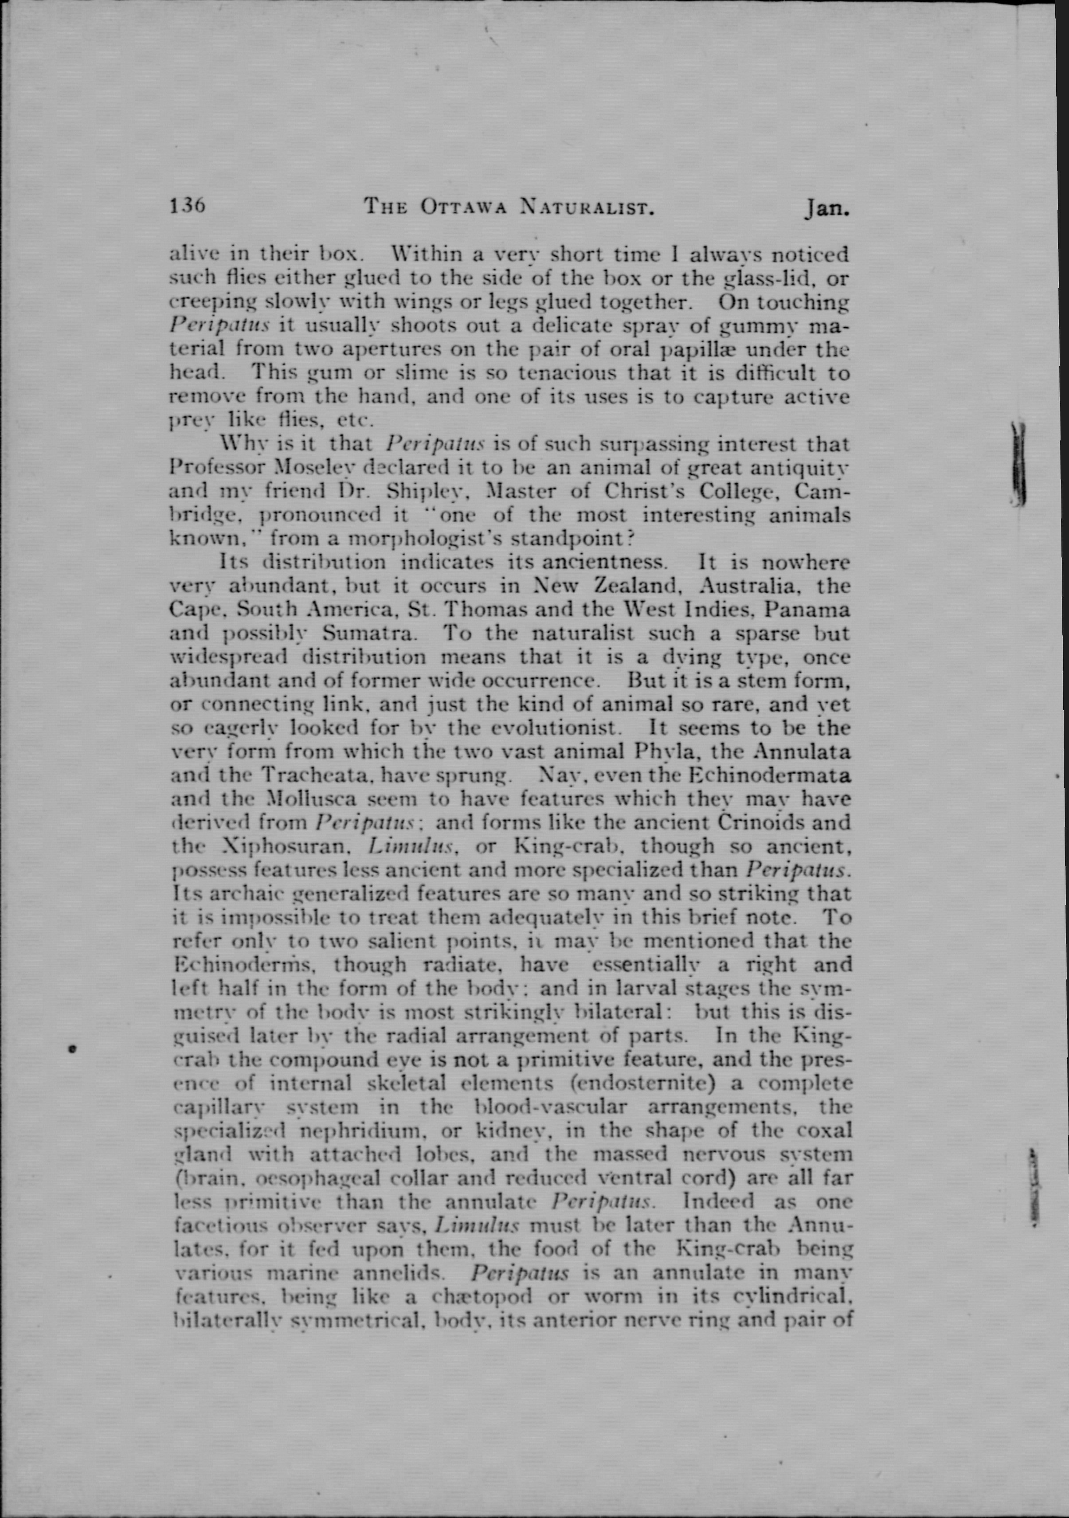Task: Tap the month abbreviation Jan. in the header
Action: tap(826, 209)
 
